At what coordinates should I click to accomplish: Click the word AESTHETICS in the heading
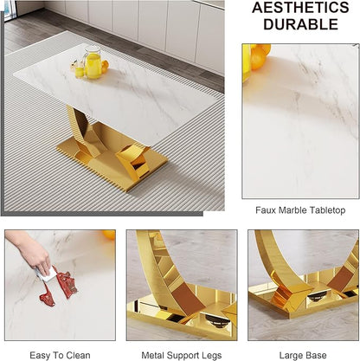300,8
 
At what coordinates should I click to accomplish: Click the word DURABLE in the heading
300,24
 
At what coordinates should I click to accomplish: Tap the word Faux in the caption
262,210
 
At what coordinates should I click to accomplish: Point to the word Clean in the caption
78,355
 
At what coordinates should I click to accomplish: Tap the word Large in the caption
290,355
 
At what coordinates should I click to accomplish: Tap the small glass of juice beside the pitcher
80,71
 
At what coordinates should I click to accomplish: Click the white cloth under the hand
47,274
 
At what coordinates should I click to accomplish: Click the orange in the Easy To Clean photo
109,235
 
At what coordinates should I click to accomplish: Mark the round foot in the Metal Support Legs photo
214,319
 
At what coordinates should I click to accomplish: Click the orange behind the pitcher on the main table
105,67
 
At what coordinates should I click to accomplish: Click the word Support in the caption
183,356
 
